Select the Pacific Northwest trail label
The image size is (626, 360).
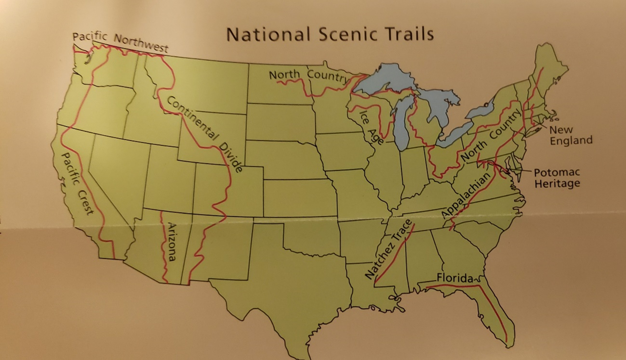[120, 42]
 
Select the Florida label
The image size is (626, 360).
[455, 278]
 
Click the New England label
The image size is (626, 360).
[570, 135]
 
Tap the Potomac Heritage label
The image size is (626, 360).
[557, 178]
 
